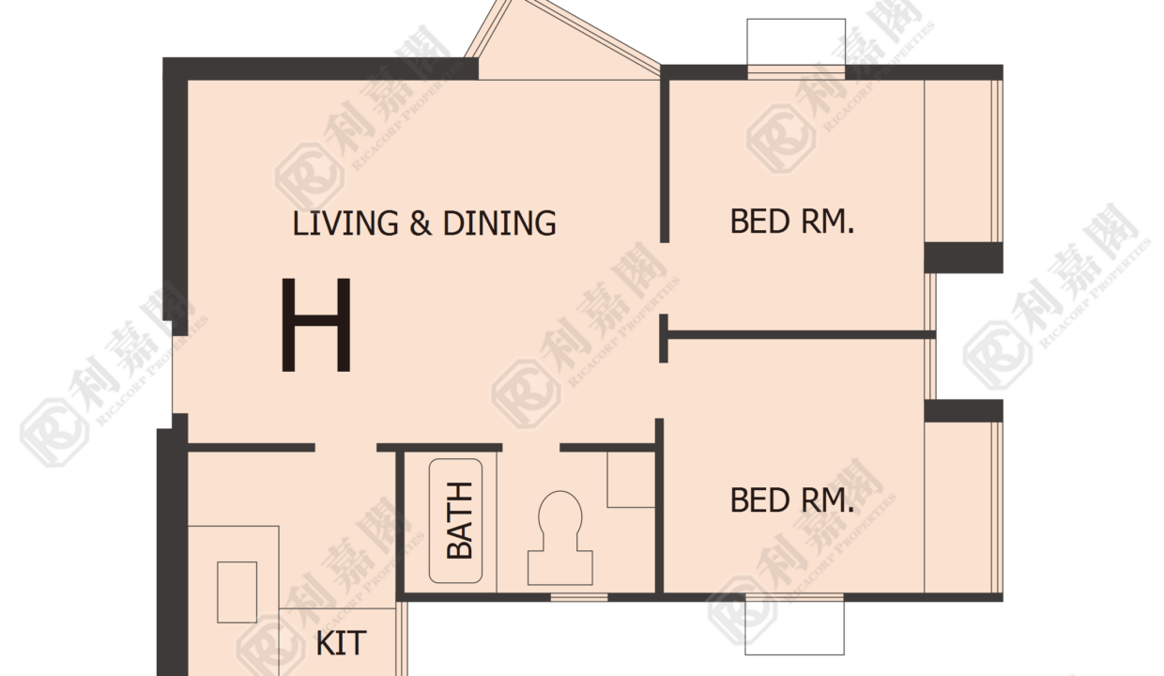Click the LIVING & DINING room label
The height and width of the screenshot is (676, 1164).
click(424, 223)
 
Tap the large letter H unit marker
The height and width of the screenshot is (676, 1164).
click(316, 325)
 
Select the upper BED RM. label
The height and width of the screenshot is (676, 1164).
click(792, 222)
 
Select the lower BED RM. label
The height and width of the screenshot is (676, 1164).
click(792, 500)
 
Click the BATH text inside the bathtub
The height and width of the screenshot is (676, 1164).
click(460, 521)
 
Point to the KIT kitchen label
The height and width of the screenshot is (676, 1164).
click(341, 643)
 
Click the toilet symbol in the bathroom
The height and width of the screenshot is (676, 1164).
click(560, 538)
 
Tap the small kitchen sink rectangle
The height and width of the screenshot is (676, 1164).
click(237, 591)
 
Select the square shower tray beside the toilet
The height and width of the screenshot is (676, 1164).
click(631, 479)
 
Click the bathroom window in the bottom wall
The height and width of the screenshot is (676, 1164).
click(579, 597)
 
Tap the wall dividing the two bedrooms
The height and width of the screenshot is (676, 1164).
click(801, 335)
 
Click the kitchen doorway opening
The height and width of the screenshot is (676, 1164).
click(345, 447)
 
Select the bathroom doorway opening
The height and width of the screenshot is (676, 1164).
click(530, 447)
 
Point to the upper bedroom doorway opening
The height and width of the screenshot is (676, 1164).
click(664, 278)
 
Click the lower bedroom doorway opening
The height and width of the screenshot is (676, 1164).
click(662, 391)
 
